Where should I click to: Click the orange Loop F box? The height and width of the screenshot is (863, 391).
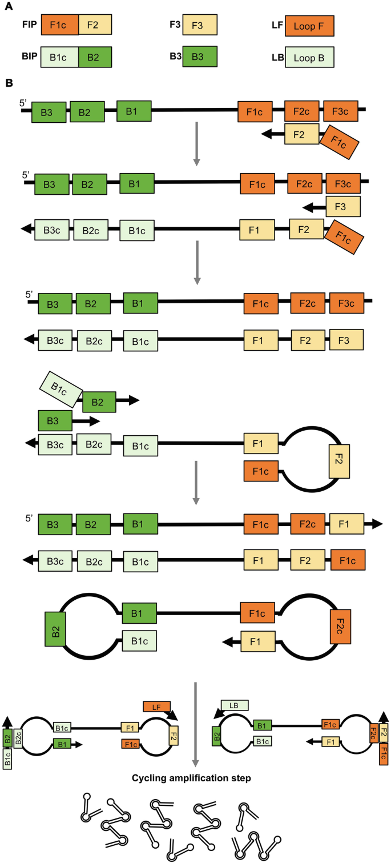click(309, 26)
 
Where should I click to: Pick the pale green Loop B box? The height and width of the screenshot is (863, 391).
click(309, 58)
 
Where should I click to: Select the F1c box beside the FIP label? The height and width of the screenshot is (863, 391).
click(59, 26)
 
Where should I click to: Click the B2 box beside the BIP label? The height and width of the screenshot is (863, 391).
click(95, 58)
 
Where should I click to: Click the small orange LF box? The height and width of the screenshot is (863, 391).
click(156, 707)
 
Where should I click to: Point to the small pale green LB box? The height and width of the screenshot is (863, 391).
click(234, 706)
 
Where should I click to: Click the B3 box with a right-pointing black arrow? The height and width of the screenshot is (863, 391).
click(55, 421)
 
